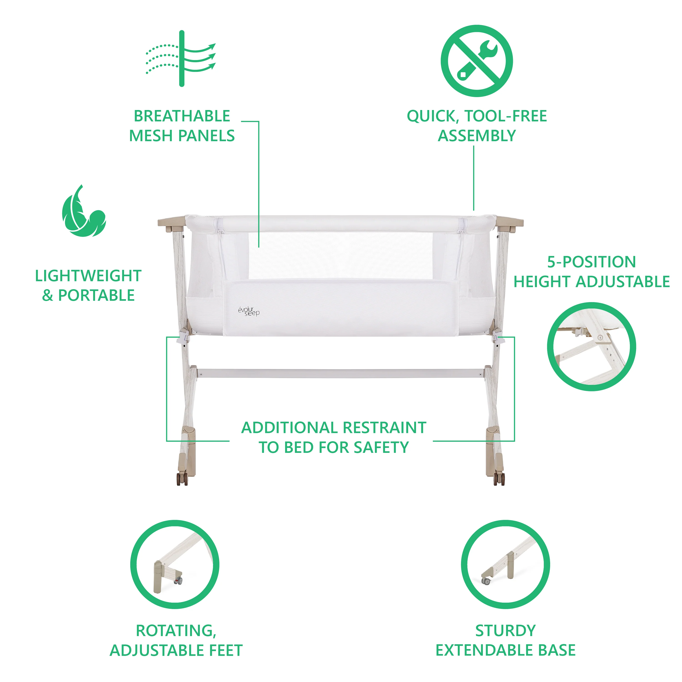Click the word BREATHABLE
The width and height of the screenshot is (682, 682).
(x=182, y=116)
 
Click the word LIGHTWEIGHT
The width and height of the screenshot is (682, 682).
(x=88, y=276)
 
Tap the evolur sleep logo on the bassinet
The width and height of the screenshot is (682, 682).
(x=249, y=311)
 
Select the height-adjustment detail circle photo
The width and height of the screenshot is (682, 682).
(x=592, y=347)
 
